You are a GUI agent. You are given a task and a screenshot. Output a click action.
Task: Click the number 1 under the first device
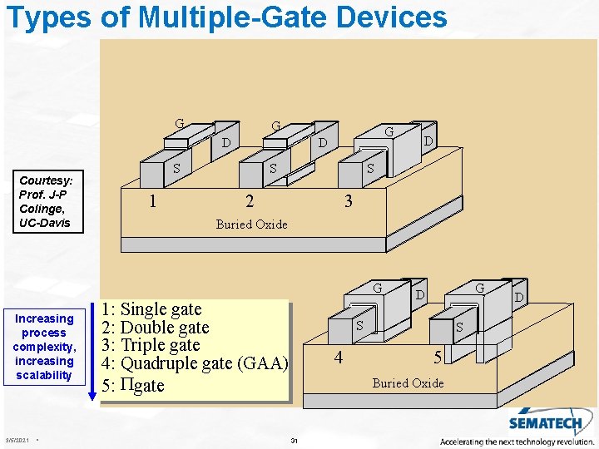[x=151, y=200]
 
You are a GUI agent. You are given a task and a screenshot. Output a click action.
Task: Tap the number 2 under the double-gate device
[x=250, y=200]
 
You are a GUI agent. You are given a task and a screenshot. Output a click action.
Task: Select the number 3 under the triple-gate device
[x=349, y=200]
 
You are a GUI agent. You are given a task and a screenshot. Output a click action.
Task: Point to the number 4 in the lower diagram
[x=338, y=358]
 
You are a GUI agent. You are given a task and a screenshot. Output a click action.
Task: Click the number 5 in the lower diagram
[x=438, y=358]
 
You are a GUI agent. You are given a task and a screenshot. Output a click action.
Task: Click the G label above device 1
[x=180, y=124]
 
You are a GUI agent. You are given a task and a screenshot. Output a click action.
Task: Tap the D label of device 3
[x=428, y=141]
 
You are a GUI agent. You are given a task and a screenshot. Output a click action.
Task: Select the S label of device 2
[x=273, y=168]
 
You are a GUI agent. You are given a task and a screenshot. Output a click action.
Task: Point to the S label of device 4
[x=360, y=325]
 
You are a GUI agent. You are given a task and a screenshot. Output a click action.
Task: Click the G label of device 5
[x=479, y=288]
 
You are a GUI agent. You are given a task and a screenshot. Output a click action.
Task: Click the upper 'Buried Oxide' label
[x=251, y=224]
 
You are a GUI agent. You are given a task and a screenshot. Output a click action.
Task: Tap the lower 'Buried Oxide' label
[x=408, y=382]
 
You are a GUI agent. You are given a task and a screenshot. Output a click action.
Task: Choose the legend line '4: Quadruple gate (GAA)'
[x=195, y=363]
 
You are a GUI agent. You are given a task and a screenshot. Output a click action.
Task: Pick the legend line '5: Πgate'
[x=133, y=385]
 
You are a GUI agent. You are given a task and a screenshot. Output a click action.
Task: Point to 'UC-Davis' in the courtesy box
[x=45, y=223]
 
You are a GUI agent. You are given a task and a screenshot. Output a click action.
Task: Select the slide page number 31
[x=295, y=439]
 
